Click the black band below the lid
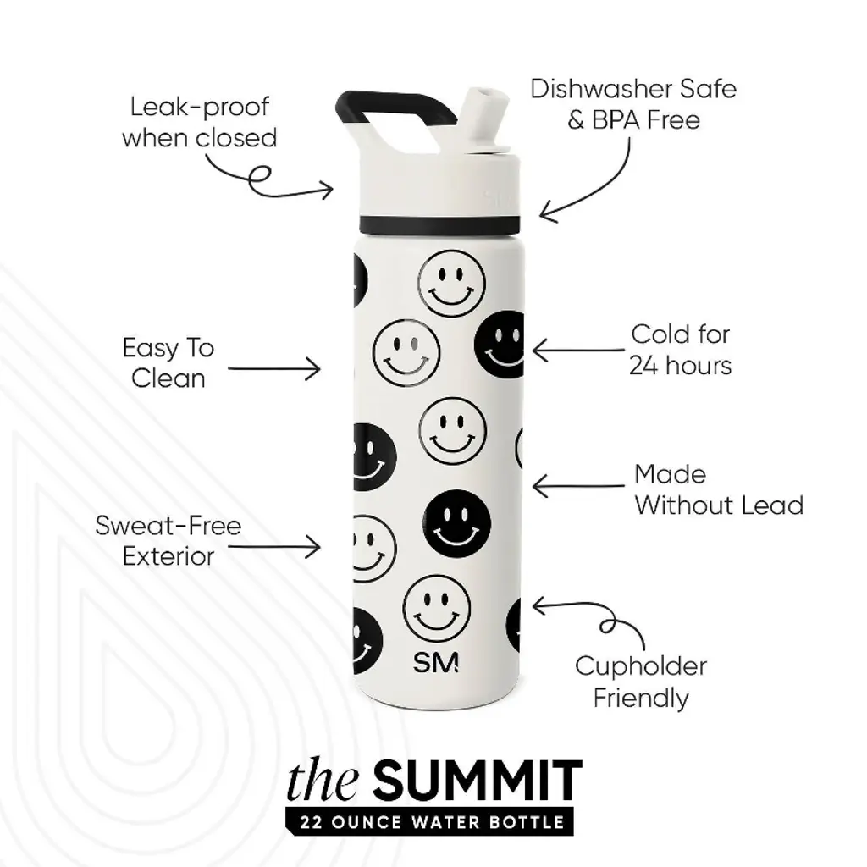click(439, 224)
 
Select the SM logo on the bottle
click(436, 662)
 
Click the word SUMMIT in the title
click(478, 780)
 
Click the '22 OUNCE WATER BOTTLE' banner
click(429, 821)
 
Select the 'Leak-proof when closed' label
click(200, 122)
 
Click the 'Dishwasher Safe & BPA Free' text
click(633, 104)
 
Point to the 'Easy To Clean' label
click(168, 363)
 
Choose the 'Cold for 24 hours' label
click(681, 350)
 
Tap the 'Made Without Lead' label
click(719, 490)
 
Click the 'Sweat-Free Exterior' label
click(168, 541)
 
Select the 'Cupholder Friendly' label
click(641, 682)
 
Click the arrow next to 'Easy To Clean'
click(274, 369)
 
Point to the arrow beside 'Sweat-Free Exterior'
click(274, 547)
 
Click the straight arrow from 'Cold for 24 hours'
click(578, 350)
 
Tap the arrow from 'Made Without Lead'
click(578, 486)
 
